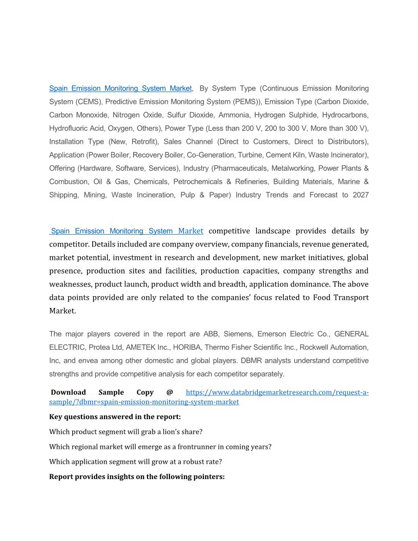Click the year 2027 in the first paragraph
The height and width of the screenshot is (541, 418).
pos(361,195)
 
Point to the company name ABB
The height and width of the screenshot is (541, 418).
pos(211,334)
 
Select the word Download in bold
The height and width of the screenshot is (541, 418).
pos(68,392)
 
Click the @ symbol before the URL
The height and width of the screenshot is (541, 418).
pos(170,392)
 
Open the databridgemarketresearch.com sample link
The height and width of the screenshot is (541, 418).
pos(277,393)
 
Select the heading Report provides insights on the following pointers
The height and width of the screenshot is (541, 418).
pos(137,476)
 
